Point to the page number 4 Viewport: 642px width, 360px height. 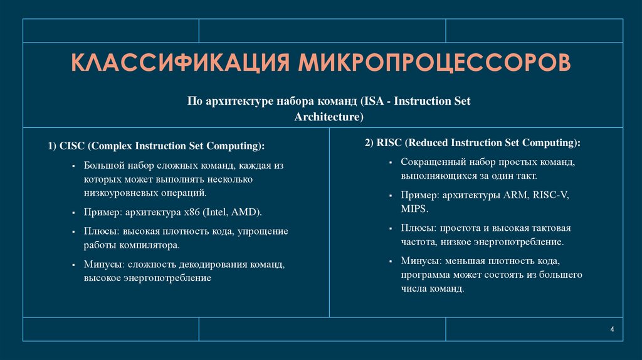(x=612, y=331)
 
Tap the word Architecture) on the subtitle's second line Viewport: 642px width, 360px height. (x=329, y=117)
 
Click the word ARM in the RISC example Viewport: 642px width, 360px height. (x=515, y=195)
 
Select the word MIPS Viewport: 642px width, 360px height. (x=414, y=208)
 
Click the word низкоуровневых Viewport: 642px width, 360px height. (x=117, y=193)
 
